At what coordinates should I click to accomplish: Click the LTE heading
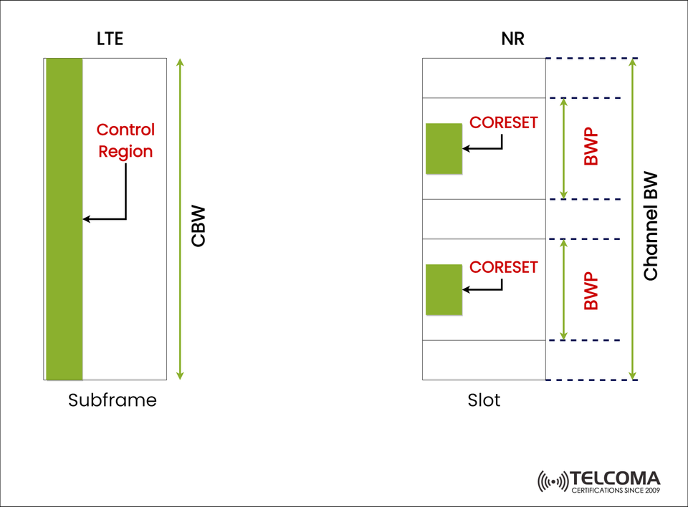(110, 39)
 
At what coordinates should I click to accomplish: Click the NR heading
(512, 39)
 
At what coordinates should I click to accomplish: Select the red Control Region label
(125, 140)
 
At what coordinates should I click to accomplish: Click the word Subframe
(112, 400)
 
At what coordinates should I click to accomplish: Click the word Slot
(484, 400)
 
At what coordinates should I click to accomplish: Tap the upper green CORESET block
(444, 148)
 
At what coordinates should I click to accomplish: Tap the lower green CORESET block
(444, 289)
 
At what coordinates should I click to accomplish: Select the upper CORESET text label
(503, 122)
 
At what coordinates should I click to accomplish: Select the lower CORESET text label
(503, 267)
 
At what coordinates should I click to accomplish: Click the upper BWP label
(591, 148)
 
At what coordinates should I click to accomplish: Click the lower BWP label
(591, 290)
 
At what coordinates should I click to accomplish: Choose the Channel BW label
(650, 226)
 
